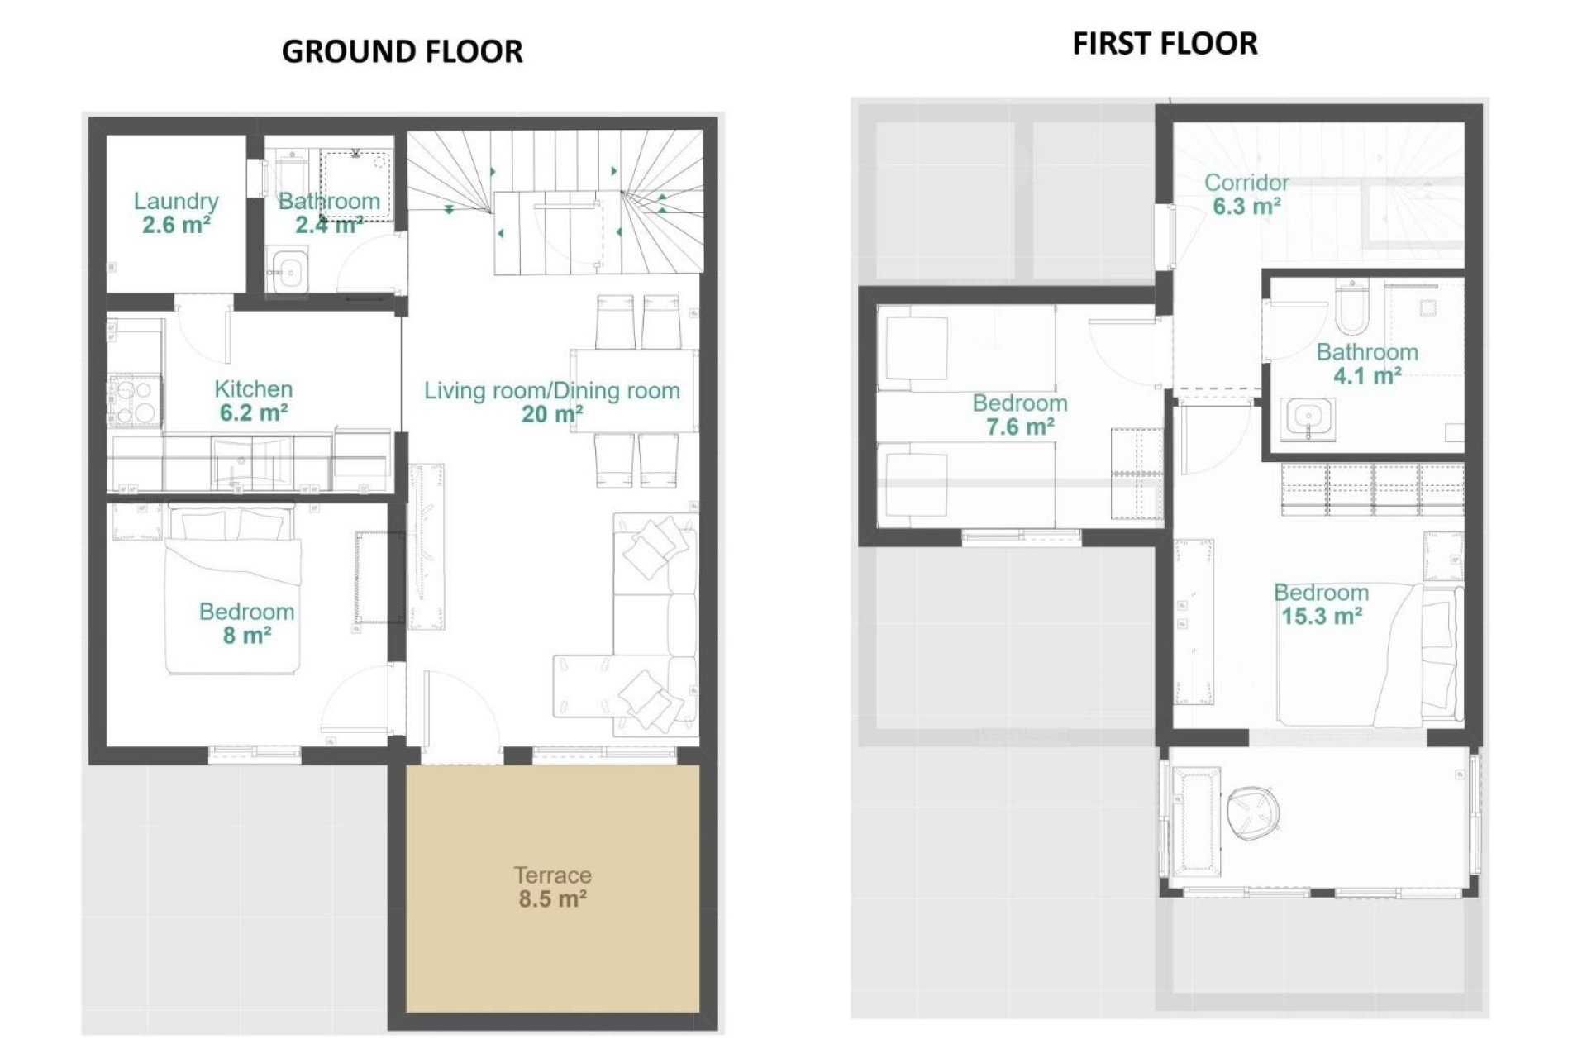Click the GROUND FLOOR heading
pos(402,51)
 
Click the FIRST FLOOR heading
pos(1165,43)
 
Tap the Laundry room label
pos(176,212)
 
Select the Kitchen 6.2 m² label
pos(253,400)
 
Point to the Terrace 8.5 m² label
pos(552,886)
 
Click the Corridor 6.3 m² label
pos(1246,193)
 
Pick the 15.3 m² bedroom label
pos(1321,603)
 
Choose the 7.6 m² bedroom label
pos(1019,414)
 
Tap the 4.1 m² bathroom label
pos(1367,364)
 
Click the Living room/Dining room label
pos(552,402)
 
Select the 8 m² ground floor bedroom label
pos(246,622)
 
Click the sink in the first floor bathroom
pos(1308,417)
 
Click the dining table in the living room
pos(633,390)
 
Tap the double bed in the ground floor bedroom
pos(231,591)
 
